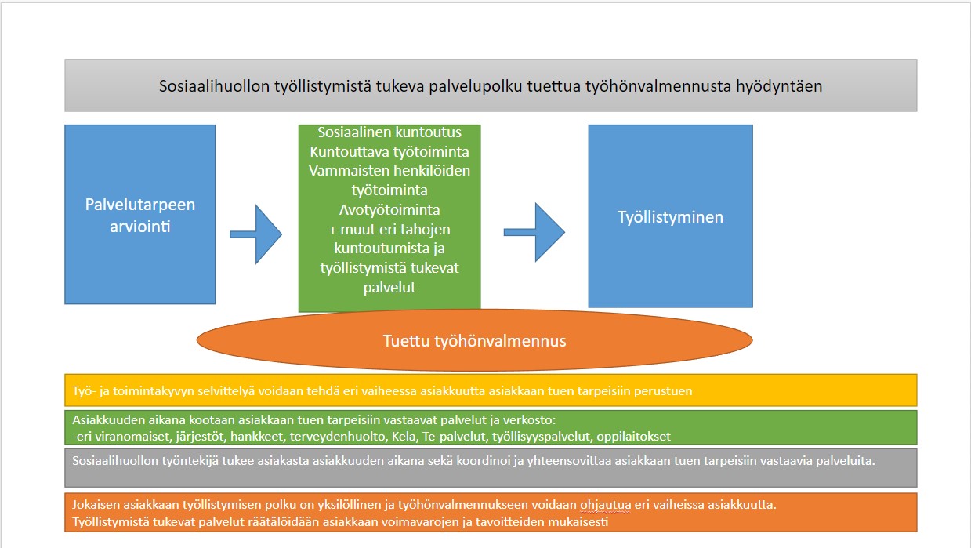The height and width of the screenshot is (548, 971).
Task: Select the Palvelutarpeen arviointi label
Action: click(140, 216)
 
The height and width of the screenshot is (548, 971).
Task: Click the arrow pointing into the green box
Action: click(255, 234)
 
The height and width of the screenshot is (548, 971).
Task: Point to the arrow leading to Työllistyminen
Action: click(534, 232)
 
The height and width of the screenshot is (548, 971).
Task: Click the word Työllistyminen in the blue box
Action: click(670, 217)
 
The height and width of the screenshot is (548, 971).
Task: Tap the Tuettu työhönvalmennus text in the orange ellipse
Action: click(474, 341)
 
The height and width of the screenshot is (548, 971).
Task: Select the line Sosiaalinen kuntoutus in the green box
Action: click(389, 132)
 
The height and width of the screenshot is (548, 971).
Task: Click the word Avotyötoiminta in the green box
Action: click(389, 210)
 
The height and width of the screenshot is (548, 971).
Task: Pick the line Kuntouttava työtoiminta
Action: click(389, 152)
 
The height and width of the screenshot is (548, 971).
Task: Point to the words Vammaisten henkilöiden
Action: click(389, 171)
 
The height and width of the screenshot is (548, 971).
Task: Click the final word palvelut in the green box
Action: click(389, 288)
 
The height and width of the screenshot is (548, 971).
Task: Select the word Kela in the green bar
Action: click(404, 436)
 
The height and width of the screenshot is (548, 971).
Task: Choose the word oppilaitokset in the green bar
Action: click(634, 437)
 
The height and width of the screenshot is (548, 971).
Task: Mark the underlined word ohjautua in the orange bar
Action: click(606, 505)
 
